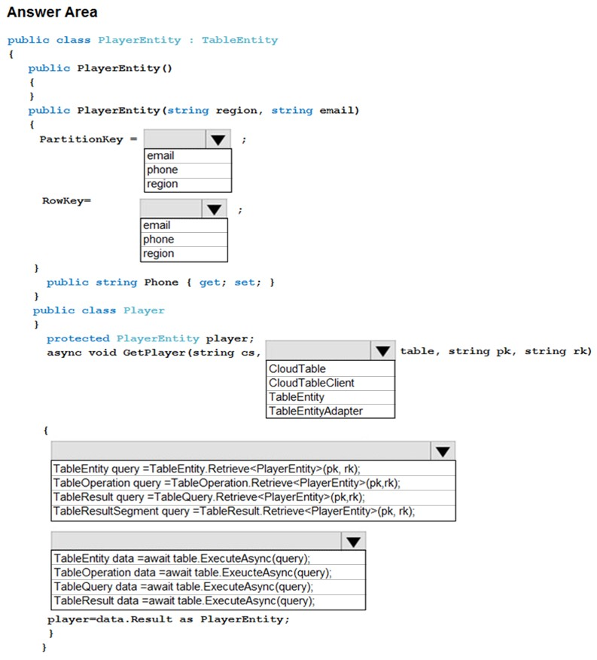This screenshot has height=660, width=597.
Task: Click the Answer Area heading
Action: (52, 12)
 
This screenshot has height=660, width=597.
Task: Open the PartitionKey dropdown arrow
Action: (218, 139)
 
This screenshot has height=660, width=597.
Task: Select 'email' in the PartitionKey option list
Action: (160, 156)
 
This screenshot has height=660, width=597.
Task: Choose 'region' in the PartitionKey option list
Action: (162, 184)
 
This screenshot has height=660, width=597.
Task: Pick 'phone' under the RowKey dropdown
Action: (158, 240)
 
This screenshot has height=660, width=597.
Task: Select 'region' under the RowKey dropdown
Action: (158, 253)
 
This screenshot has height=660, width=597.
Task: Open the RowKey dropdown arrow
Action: (214, 209)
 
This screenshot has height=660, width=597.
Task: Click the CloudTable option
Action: (297, 368)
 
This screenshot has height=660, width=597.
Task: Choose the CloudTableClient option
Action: (312, 383)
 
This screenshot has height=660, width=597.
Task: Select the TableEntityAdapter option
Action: (315, 411)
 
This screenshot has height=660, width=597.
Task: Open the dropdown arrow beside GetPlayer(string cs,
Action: (383, 350)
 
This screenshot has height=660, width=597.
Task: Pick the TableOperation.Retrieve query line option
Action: (227, 483)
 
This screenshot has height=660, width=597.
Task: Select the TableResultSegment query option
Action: (234, 511)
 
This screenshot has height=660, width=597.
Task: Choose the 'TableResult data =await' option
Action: (184, 600)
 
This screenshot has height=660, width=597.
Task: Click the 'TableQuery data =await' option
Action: (184, 587)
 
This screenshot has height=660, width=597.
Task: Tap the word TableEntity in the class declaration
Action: (240, 41)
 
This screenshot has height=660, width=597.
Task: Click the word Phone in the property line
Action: (161, 283)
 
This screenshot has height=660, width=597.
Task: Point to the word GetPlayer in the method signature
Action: (154, 353)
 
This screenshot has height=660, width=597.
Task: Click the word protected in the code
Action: (78, 339)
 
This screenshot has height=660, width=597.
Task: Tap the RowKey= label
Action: (66, 200)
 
